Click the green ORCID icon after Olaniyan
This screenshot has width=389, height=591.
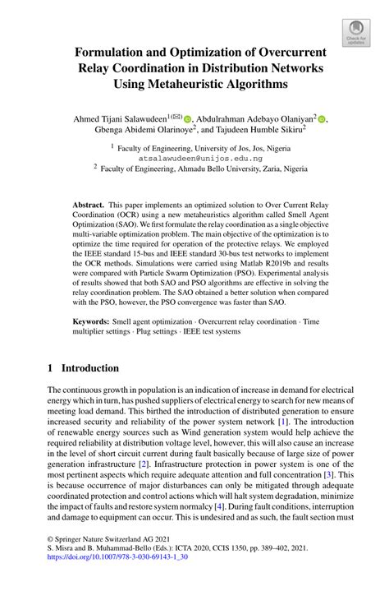click(x=322, y=118)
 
